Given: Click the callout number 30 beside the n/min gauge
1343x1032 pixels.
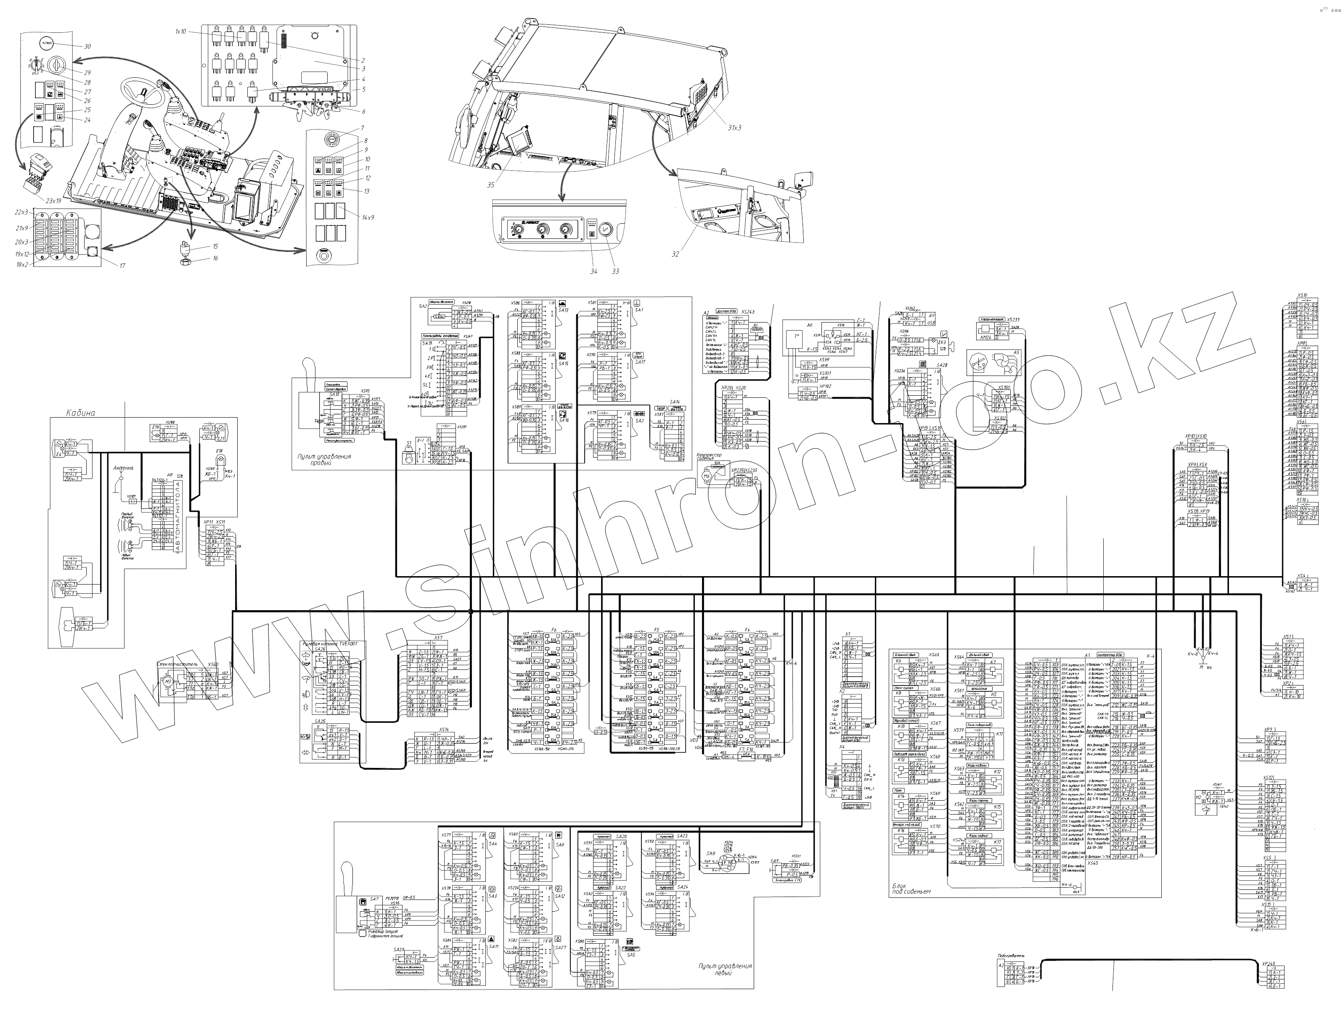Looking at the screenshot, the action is (87, 47).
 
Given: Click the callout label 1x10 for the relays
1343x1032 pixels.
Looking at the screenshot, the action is (180, 31).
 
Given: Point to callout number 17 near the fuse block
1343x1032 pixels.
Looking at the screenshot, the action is (122, 265).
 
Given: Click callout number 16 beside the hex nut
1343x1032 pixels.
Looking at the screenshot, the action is (215, 259).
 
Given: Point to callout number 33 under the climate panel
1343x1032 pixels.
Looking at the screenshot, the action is (615, 271).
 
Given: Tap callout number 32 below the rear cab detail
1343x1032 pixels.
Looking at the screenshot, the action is (675, 254).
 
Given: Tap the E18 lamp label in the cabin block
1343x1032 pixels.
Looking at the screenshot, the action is (219, 452).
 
